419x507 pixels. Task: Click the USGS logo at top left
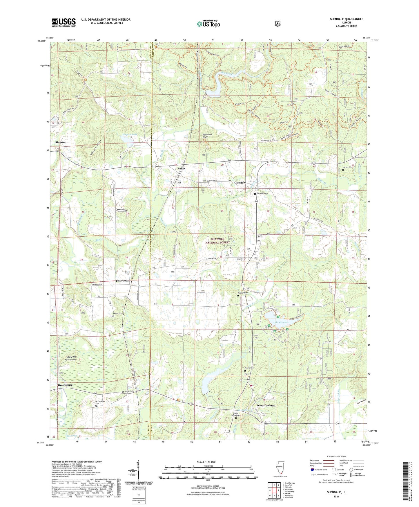pos(64,22)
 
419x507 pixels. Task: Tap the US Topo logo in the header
pos(208,24)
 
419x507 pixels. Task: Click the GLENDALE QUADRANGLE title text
pos(346,19)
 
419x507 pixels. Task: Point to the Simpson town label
pos(61,142)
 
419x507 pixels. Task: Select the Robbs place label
pos(182,168)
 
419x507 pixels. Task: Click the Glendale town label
pos(240,183)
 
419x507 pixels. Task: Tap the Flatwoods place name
pos(122,281)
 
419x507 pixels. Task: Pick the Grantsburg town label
pos(65,385)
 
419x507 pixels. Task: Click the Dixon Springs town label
pos(266,405)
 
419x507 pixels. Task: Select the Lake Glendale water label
pos(280,322)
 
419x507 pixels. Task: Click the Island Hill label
pos(72,357)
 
